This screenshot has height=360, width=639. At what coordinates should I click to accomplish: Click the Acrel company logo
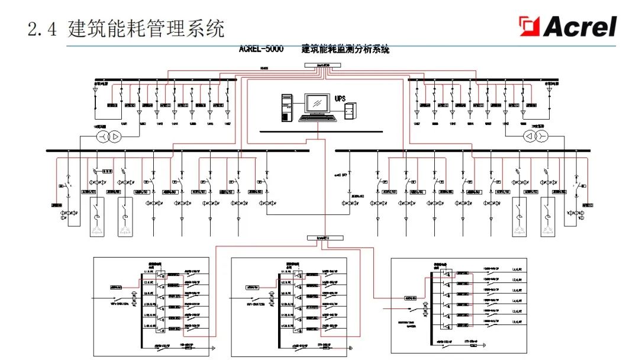pos(567,27)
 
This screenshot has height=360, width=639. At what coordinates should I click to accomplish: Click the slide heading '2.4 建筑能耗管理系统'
pos(127,28)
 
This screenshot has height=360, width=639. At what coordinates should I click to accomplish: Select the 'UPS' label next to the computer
pos(340,98)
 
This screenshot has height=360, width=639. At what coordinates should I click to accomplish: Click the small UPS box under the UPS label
pos(350,110)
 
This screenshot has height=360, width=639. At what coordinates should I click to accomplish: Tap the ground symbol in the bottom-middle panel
pos(350,347)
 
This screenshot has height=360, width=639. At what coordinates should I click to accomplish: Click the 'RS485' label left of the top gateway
pos(264,68)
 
